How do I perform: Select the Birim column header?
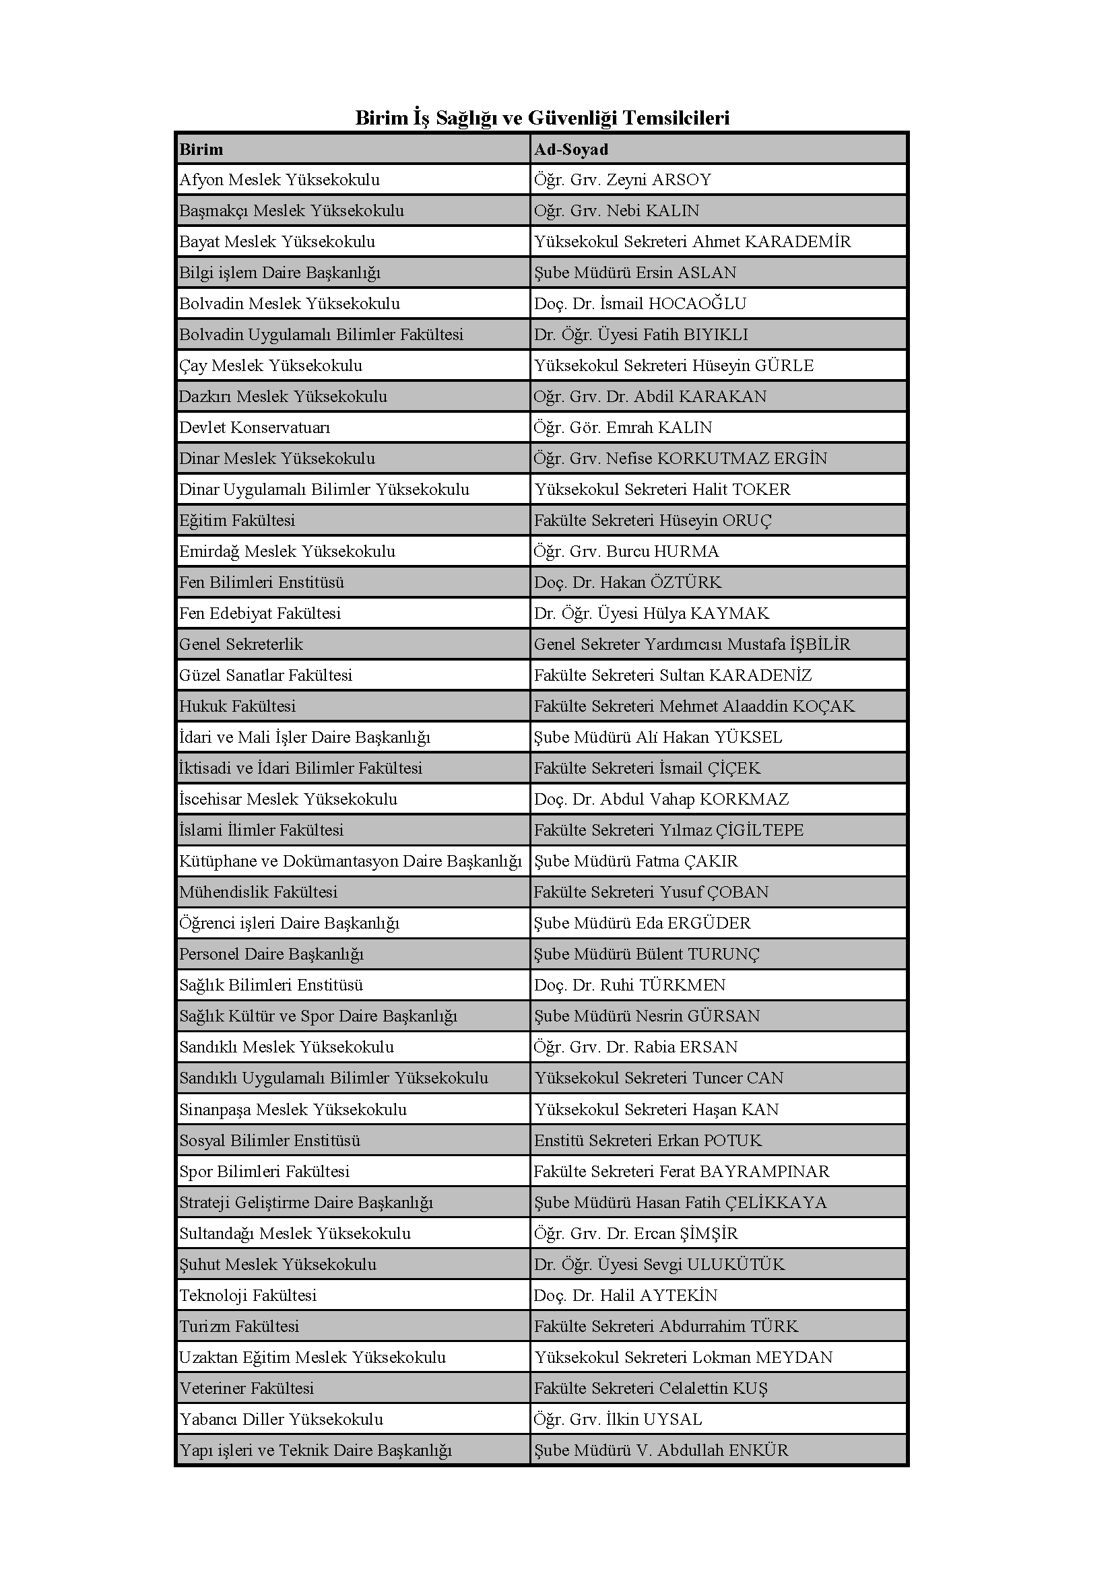pos(201,149)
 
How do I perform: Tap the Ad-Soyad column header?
pos(571,149)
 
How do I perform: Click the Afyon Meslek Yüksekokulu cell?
pos(280,180)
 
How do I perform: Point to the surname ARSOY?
pos(681,180)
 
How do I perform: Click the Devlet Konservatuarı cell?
pos(255,428)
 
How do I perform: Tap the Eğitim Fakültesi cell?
pos(237,521)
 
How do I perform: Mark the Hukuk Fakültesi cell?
pos(237,706)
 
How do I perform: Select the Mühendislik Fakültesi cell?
pos(259,892)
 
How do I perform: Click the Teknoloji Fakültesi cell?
pos(248,1295)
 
